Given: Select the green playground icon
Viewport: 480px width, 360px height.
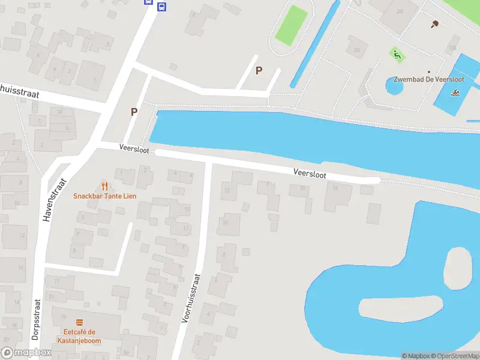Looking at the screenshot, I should point(397,55).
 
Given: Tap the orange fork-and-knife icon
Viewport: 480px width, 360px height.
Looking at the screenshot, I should point(104,186).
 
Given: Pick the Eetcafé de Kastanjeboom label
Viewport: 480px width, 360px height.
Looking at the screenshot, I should point(79,336).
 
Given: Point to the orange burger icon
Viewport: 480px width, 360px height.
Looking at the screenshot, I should point(79,323).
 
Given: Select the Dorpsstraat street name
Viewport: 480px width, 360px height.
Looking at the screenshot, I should point(35,320).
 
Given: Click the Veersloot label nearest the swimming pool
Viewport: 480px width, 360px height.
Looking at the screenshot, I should point(310,173).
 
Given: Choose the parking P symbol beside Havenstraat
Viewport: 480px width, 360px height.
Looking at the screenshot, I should point(134,112).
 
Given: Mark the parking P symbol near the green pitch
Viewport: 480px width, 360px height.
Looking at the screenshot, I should point(259,70).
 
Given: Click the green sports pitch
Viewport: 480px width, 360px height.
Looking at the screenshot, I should point(291,25).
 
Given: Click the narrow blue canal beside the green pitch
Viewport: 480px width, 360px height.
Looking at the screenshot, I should point(314,45).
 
